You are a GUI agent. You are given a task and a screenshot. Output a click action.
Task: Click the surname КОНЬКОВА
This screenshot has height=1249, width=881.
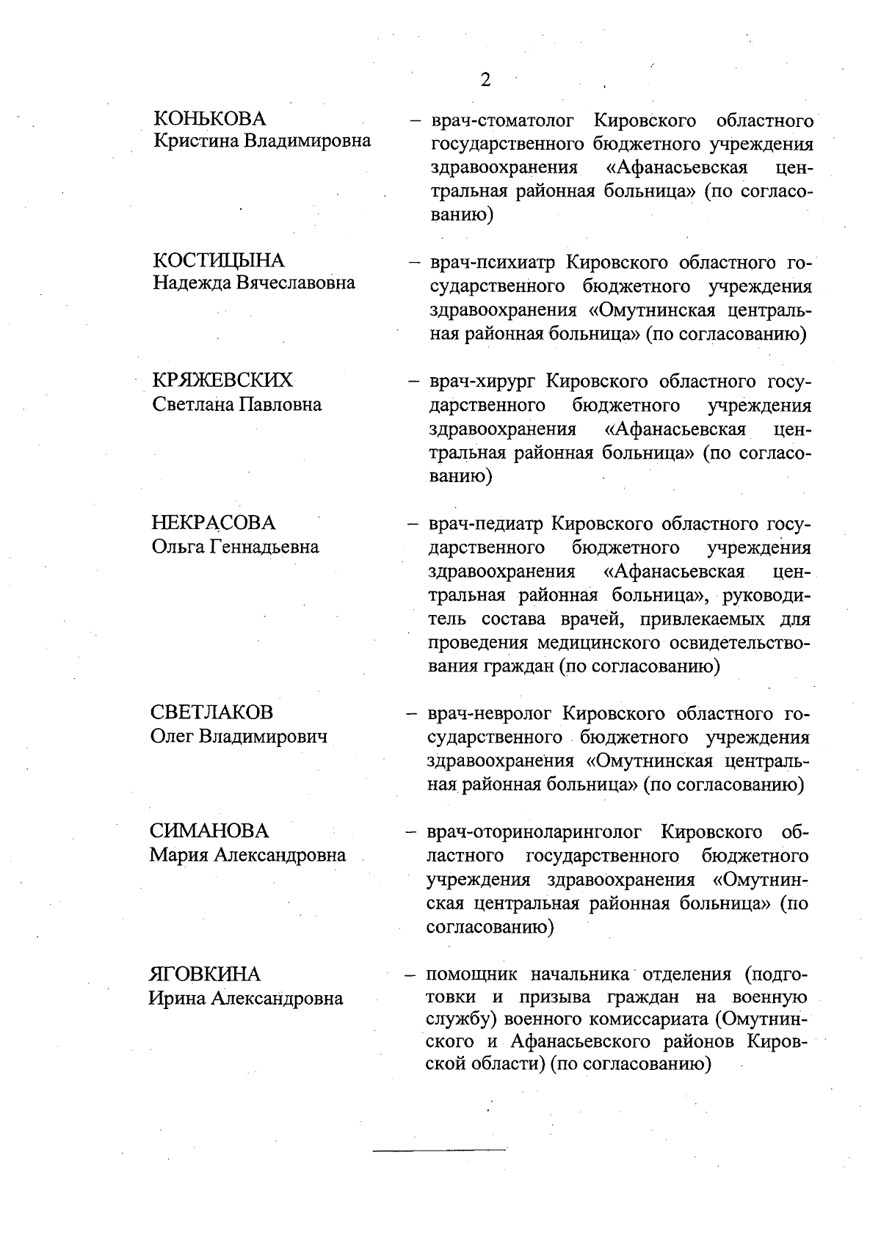(x=210, y=118)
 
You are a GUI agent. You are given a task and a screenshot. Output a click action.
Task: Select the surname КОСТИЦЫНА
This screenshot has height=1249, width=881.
(x=218, y=261)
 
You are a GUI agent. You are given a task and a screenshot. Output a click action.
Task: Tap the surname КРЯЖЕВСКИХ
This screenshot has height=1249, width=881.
(x=222, y=380)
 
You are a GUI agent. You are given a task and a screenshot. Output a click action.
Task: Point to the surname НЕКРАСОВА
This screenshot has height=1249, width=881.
(x=214, y=522)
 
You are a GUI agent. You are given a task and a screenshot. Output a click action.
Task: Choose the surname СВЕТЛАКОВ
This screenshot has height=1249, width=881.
(x=211, y=712)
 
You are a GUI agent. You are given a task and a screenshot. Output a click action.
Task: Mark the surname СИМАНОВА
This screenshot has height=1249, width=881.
(x=209, y=831)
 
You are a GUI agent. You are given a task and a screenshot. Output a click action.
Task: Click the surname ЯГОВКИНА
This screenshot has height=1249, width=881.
(x=205, y=974)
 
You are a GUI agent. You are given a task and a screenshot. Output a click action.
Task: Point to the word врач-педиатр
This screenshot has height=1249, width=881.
(x=485, y=523)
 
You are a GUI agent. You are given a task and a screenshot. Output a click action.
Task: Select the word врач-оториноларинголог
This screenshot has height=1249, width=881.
(x=534, y=831)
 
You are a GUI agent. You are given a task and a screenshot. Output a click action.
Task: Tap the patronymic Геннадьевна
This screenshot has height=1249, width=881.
(x=265, y=547)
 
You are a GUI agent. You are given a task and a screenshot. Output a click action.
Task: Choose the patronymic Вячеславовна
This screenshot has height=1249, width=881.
(x=296, y=283)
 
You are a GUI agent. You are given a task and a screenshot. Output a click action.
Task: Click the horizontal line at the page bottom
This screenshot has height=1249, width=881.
(x=439, y=1149)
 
